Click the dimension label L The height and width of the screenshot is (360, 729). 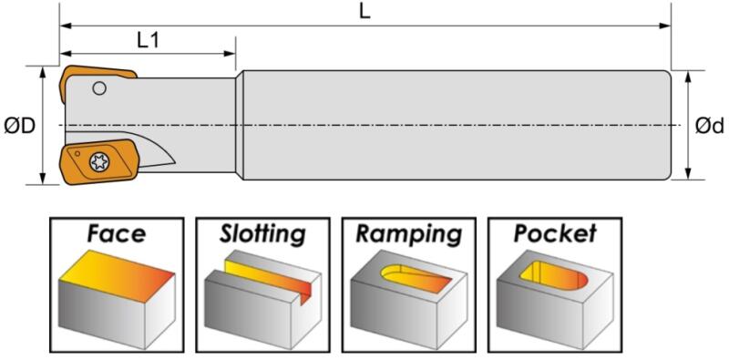coord(365,12)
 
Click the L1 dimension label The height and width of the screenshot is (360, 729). coord(149,41)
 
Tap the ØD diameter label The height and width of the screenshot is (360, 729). coord(20,126)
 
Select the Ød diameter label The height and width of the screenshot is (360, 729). coord(710,126)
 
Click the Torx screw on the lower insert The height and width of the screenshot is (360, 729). coord(98,162)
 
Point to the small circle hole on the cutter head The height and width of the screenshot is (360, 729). coord(99,87)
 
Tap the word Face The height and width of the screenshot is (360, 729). coord(117,234)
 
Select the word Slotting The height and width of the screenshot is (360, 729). coord(262,234)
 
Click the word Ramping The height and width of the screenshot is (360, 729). coord(408,235)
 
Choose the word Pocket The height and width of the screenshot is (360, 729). coord(555,234)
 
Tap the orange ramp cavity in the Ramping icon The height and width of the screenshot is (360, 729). coord(414,278)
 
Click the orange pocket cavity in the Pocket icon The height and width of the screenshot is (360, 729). coord(553,277)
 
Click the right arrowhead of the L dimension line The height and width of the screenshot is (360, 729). coord(665,26)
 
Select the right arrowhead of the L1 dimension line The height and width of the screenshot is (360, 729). coord(231,54)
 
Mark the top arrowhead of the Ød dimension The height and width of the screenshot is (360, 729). coord(688,77)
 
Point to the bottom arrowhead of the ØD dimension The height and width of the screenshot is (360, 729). coord(43,178)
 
